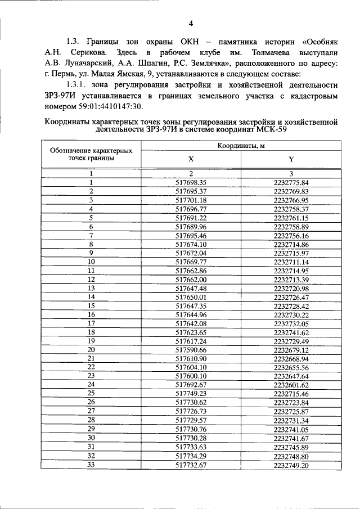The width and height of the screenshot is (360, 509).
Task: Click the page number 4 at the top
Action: pyautogui.click(x=191, y=24)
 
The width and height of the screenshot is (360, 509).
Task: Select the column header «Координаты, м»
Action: pyautogui.click(x=241, y=146)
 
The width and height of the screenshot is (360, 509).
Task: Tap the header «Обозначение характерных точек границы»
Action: pyautogui.click(x=91, y=154)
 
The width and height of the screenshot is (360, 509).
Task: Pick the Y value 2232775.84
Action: pyautogui.click(x=290, y=183)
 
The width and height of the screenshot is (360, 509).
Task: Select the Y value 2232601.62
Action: pyautogui.click(x=290, y=385)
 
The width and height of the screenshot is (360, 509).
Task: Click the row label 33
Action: pyautogui.click(x=91, y=465)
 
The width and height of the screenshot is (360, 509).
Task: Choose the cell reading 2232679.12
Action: pyautogui.click(x=290, y=349)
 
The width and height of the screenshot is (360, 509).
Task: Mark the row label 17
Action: pyautogui.click(x=91, y=323)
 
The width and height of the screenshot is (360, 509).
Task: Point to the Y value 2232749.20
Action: pyautogui.click(x=290, y=465)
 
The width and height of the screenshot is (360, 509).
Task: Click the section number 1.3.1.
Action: pyautogui.click(x=76, y=85)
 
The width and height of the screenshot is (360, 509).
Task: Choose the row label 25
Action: pyautogui.click(x=91, y=394)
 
